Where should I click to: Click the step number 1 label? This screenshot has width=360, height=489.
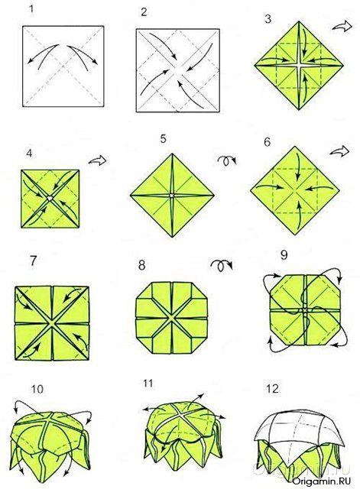tap(31, 8)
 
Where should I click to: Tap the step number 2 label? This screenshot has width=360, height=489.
tap(144, 12)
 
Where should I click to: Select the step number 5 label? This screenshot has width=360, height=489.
tap(164, 138)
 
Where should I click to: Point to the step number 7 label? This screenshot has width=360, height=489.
tap(32, 261)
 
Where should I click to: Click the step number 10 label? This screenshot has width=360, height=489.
tap(37, 389)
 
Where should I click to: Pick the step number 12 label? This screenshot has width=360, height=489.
tap(272, 389)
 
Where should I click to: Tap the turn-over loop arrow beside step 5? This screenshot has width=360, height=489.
tap(227, 160)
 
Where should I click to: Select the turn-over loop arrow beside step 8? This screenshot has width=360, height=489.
tap(222, 266)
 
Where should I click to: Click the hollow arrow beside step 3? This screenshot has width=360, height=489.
tap(342, 26)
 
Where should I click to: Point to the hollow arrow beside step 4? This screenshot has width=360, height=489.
tap(97, 160)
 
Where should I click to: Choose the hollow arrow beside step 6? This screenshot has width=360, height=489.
tap(340, 151)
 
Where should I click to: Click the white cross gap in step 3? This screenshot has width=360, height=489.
tap(299, 66)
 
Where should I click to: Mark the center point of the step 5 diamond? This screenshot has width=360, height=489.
tap(171, 196)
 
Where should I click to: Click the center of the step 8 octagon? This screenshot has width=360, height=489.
tap(171, 318)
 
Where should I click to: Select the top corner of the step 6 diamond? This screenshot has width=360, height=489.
tap(294, 146)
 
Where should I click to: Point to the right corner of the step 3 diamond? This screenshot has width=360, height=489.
tap(343, 66)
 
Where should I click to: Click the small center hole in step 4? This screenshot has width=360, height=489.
tap(50, 198)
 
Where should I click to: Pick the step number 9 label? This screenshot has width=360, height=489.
tap(284, 255)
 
